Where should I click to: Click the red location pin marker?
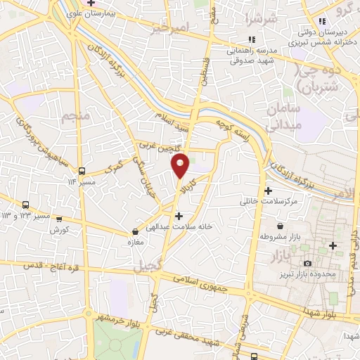tap(181, 165)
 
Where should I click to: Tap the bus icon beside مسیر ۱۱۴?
tap(83, 171)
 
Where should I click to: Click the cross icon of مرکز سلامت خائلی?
tap(268, 191)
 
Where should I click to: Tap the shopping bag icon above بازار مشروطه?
tap(281, 226)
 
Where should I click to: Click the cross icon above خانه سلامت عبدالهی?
tap(179, 216)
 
